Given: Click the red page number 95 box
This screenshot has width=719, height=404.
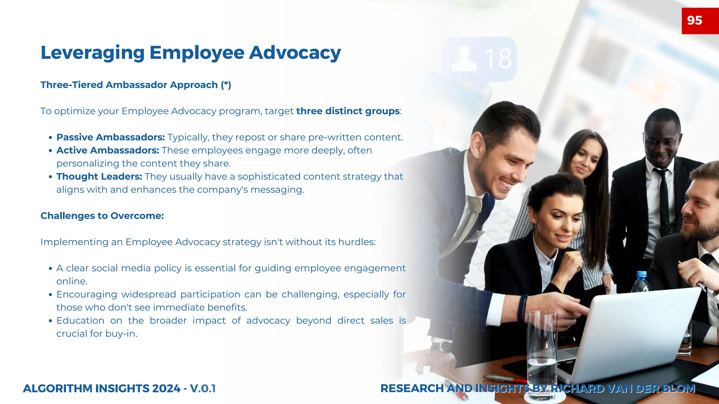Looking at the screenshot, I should (700, 21).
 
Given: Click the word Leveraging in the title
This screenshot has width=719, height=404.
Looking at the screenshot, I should (93, 53).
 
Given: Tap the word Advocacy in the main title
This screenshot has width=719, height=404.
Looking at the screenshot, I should (295, 53).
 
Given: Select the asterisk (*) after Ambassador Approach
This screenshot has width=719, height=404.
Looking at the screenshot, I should (226, 85).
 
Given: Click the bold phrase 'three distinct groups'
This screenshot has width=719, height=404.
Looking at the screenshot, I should (348, 111).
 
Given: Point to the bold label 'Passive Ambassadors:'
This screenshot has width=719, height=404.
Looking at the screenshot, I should (111, 137).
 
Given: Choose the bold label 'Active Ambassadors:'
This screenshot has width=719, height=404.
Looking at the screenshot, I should (108, 150).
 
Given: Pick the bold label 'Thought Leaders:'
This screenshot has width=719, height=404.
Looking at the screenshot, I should (99, 176).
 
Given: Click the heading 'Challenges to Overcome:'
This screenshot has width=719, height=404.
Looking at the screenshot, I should (102, 216).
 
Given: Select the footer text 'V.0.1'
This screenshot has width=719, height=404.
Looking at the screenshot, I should (203, 389).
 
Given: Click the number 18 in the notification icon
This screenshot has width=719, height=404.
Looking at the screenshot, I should (498, 59).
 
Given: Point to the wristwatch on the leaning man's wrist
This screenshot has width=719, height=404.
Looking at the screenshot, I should (441, 347).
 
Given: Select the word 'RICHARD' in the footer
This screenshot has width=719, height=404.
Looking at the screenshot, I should (578, 389).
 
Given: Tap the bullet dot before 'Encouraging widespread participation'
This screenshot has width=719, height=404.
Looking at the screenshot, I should (51, 295).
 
